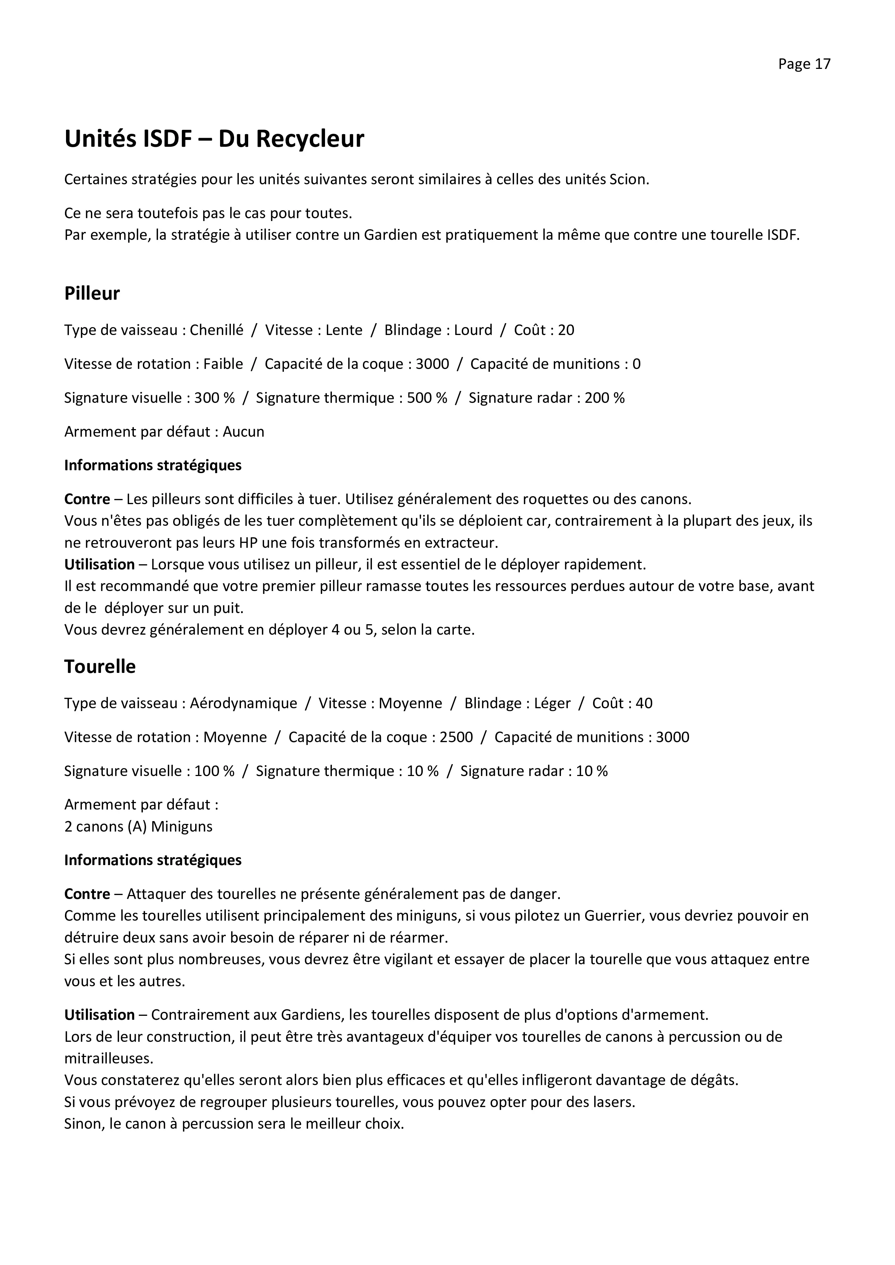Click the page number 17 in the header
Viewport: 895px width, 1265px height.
coord(822,65)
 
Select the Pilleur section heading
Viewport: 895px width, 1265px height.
coord(92,294)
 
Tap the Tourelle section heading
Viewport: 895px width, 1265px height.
coord(100,667)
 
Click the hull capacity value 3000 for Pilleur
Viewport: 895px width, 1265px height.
coord(432,364)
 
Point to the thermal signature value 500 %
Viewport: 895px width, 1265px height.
coord(426,398)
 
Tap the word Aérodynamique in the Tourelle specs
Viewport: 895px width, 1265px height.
coord(243,703)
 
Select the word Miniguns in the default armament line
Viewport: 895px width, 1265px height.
coord(181,827)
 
